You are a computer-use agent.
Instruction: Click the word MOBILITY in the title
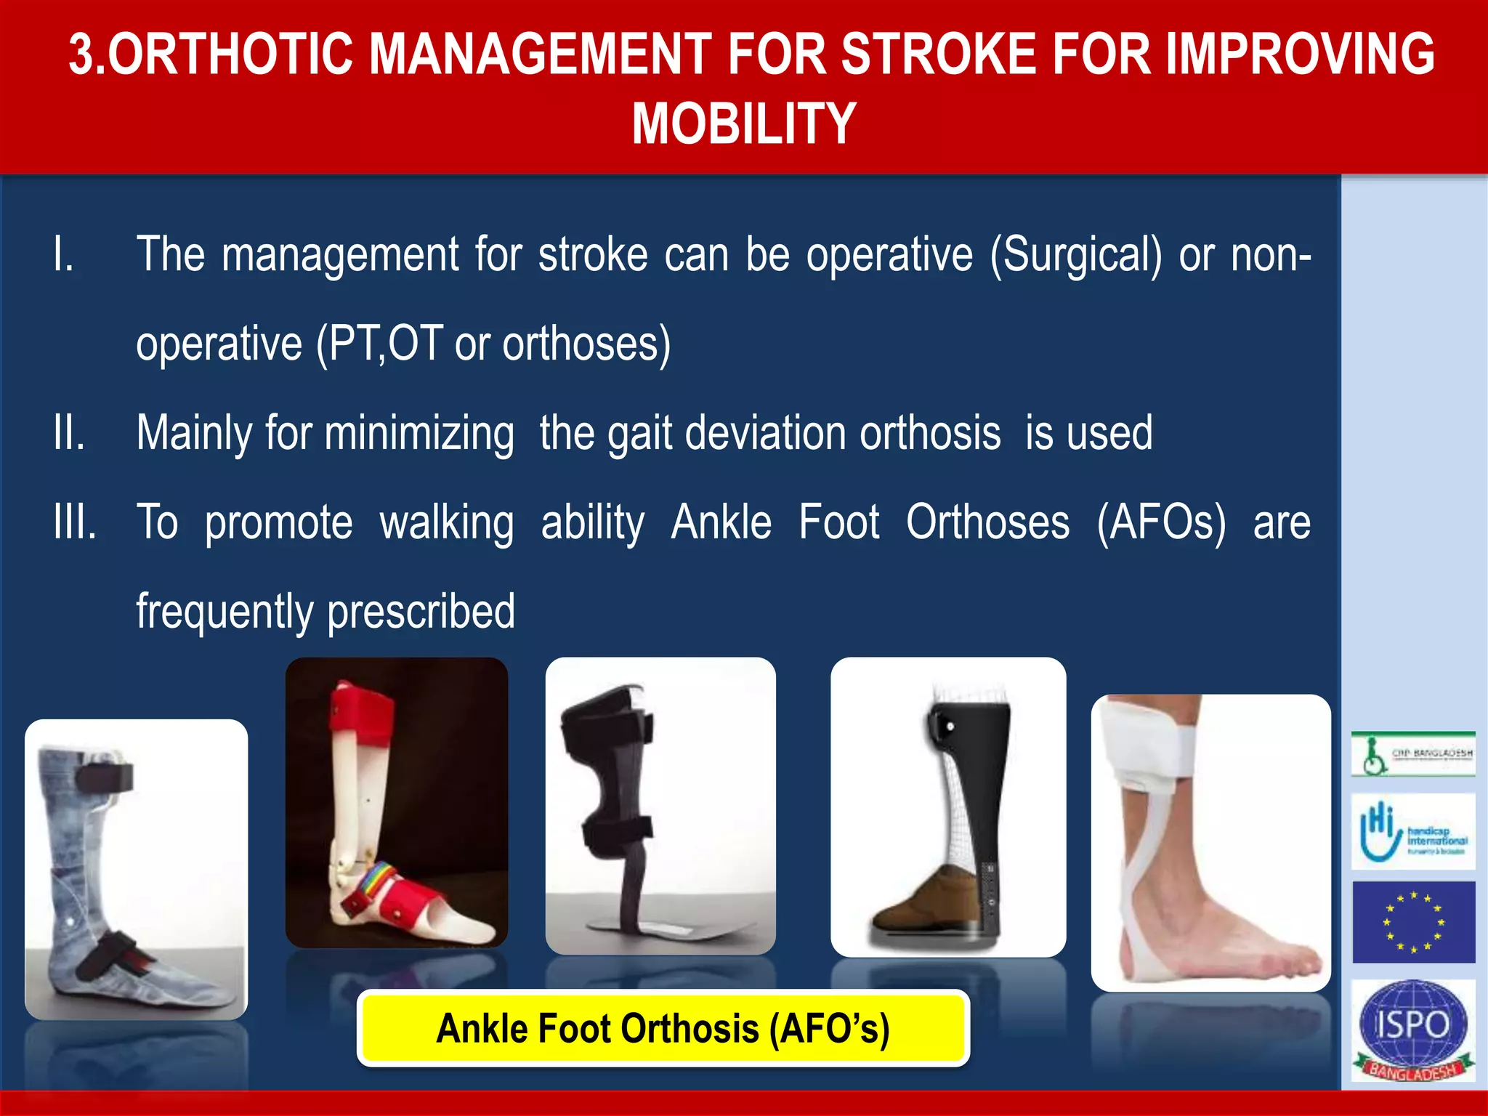(744, 124)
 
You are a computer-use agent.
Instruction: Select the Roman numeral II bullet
(69, 433)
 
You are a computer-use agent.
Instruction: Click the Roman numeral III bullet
(75, 522)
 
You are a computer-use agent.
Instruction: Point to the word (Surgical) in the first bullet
(1075, 256)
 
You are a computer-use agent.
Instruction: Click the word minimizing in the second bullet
(419, 434)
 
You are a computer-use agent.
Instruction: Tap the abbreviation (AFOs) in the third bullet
(1161, 522)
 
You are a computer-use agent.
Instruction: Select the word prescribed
(421, 612)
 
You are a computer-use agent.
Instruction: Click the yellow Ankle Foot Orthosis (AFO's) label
(663, 1028)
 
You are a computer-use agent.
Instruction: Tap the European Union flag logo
(1413, 922)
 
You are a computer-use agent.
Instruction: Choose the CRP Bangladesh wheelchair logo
(1413, 754)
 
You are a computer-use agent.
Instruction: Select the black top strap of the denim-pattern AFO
(105, 777)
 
